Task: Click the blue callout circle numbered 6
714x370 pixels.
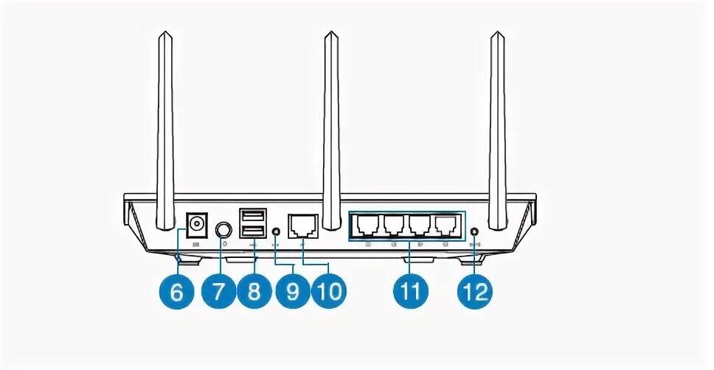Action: [176, 292]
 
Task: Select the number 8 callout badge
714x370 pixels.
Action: [254, 292]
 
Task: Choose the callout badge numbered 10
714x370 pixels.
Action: [327, 292]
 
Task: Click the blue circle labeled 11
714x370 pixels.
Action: [410, 292]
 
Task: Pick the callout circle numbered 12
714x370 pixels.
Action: [475, 292]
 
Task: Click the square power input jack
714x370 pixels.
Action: [195, 223]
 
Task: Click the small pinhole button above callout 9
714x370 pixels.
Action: [277, 231]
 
